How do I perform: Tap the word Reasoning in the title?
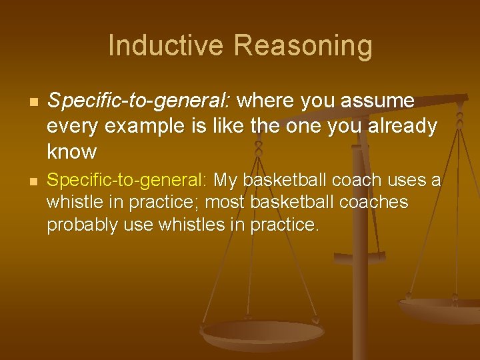[303, 46]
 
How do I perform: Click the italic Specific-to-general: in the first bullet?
[139, 101]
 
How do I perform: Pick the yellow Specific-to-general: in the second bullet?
[127, 180]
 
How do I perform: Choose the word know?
[72, 151]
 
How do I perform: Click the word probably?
[76, 225]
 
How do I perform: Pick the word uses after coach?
[406, 180]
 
